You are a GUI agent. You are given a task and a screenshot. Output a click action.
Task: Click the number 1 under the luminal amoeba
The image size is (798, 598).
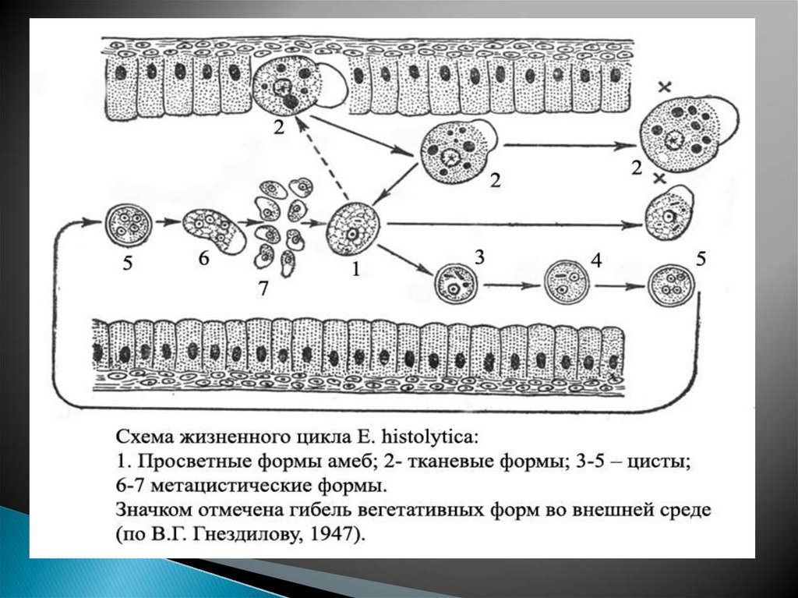point(356,271)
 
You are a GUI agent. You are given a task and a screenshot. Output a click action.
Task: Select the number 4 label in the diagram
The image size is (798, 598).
point(596,261)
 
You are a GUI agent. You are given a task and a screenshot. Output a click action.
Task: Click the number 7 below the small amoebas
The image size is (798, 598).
point(263,288)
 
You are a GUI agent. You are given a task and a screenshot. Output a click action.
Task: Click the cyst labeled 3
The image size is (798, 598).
point(454,285)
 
